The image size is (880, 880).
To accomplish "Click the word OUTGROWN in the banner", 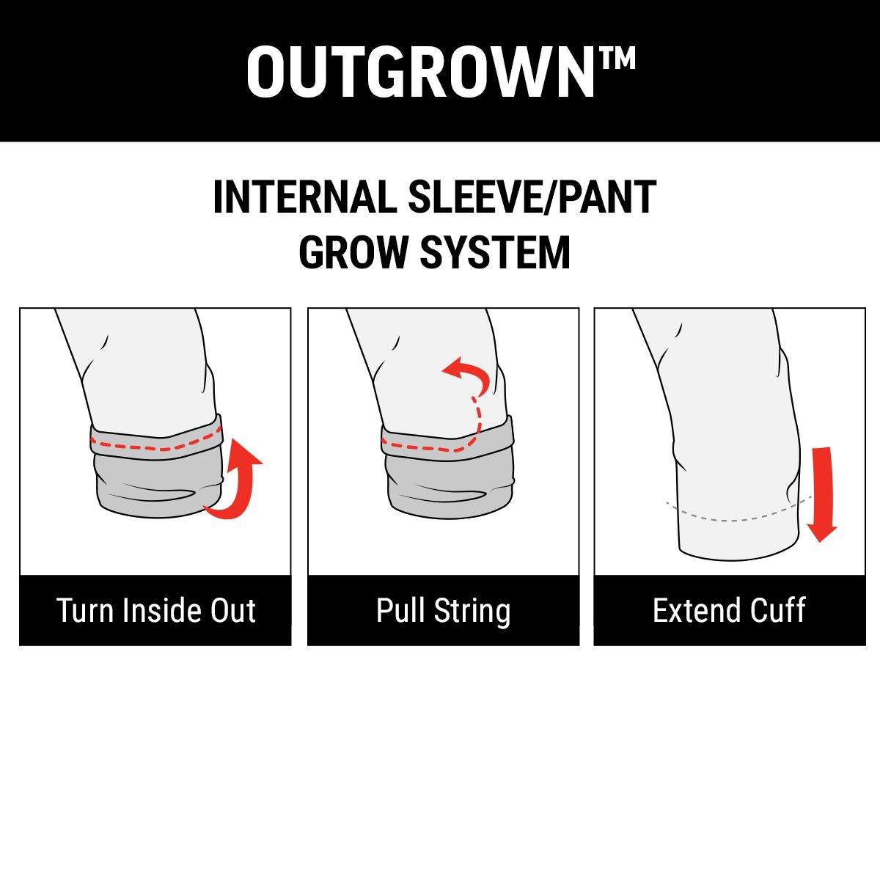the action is click(421, 72).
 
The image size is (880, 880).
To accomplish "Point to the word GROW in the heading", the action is click(353, 252).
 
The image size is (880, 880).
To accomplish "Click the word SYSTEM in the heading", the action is click(495, 252).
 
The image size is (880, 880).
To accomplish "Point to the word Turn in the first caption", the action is click(84, 611).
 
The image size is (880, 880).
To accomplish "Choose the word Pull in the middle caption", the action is click(400, 610).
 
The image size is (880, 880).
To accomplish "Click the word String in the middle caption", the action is click(472, 612).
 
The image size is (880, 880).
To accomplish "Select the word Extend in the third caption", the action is click(694, 610).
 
